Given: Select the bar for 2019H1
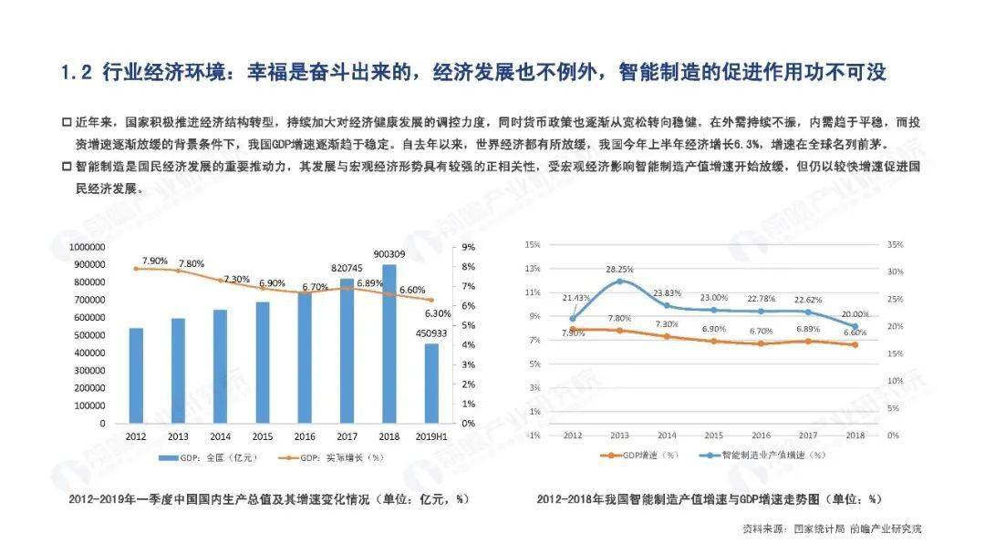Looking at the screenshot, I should click(x=430, y=383).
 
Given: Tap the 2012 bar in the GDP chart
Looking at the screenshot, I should click(x=136, y=375).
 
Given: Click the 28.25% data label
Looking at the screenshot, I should click(x=620, y=270).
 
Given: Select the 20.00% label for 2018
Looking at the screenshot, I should click(x=854, y=312).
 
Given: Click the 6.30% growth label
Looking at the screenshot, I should click(x=438, y=312).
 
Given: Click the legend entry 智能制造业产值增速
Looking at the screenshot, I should click(x=765, y=453).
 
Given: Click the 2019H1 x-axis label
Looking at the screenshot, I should click(x=430, y=437).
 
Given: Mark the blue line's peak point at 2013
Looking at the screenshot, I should click(x=620, y=281).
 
